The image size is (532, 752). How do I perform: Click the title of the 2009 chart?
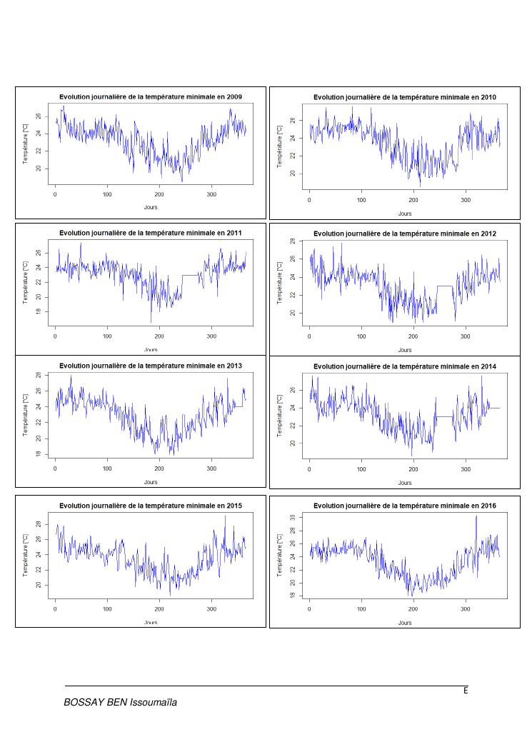151,96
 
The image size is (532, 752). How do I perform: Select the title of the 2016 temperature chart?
405,506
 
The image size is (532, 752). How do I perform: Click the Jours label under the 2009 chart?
151,207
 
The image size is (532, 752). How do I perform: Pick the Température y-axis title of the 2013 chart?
26,414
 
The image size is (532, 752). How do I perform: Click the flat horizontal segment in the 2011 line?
191,275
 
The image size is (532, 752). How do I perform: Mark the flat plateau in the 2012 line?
444,286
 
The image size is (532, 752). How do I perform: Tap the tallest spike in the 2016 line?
476,516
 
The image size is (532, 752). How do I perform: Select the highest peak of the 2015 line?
225,516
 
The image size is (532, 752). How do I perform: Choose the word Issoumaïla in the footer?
153,703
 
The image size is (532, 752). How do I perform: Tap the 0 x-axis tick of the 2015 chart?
55,608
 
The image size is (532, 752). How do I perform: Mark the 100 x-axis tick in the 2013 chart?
107,469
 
